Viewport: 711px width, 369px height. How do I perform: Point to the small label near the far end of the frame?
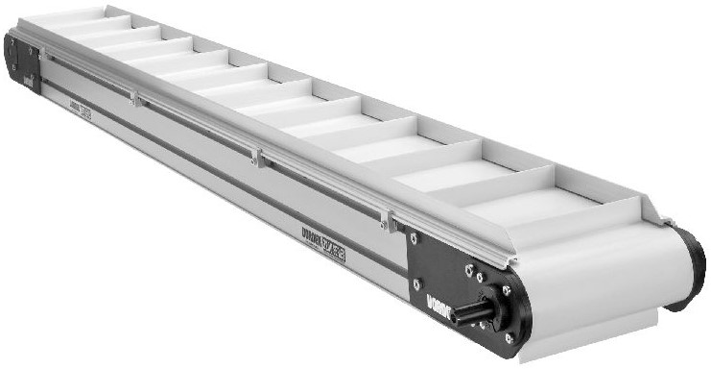point(81,112)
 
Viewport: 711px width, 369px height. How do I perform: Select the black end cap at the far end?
point(21,65)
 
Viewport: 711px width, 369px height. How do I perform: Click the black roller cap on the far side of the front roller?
point(686,269)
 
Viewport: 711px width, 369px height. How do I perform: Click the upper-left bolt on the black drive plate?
point(414,237)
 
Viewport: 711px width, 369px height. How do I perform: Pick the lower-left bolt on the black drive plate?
point(417,283)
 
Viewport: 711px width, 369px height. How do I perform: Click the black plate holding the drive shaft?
point(451,279)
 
